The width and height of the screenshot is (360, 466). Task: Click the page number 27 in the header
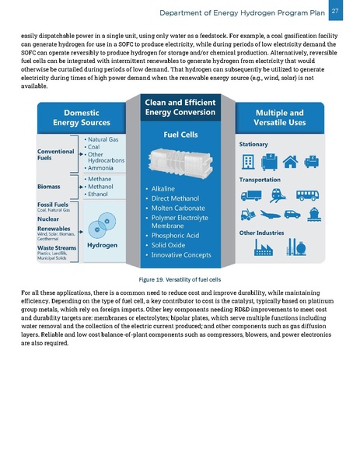335,11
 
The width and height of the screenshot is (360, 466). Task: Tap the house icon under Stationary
292,162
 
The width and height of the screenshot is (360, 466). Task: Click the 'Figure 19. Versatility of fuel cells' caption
180,279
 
